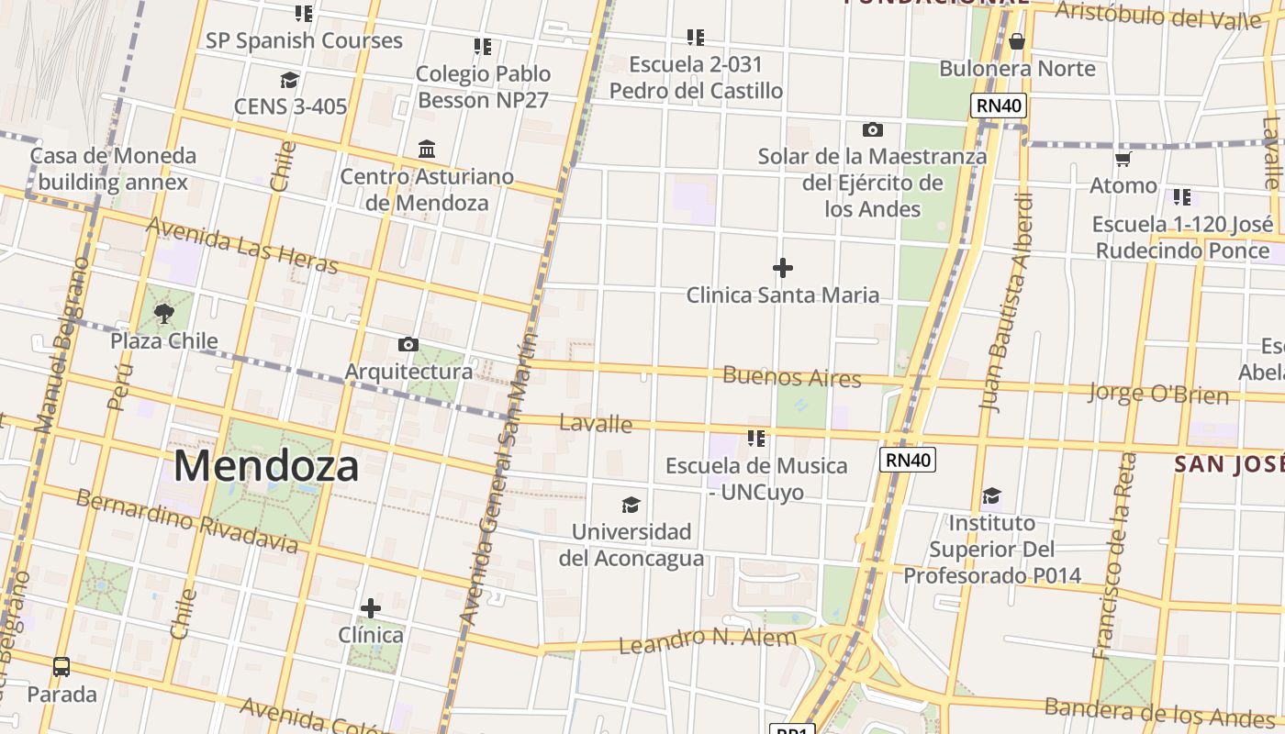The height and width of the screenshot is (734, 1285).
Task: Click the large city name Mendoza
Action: point(265,465)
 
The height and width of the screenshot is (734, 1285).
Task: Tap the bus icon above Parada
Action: point(61,667)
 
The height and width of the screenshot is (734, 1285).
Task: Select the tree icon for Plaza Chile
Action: point(164,315)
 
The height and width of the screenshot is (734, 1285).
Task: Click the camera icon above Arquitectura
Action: point(408,345)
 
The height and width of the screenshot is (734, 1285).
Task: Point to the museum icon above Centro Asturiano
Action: point(427,149)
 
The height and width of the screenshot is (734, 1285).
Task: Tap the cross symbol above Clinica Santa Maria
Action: point(783,268)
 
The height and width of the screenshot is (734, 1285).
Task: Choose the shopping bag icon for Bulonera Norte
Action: point(1016,41)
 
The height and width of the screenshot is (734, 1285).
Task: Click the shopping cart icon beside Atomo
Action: point(1123,160)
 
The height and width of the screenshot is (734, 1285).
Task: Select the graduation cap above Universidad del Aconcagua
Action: point(631,505)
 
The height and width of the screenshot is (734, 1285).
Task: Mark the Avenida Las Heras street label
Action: point(242,245)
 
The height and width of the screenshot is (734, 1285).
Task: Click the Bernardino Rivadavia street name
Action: point(187,521)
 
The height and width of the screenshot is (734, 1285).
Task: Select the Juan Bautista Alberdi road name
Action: point(1007,303)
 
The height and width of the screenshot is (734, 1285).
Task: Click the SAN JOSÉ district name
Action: point(1229,464)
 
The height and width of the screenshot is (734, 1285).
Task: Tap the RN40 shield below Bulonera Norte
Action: point(999,106)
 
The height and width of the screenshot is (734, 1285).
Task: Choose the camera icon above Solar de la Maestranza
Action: point(872,130)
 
